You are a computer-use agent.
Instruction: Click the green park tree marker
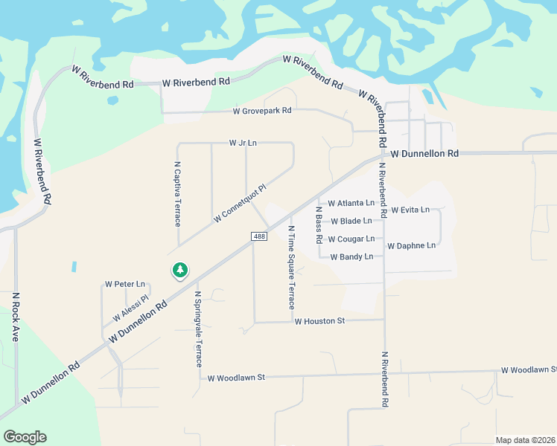pos(179,271)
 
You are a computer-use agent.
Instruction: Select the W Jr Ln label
pos(243,143)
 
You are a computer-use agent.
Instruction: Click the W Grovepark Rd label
pos(262,111)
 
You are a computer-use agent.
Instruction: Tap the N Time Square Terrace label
pos(291,268)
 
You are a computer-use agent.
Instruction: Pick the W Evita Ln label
pos(410,210)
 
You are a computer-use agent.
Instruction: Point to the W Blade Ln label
pos(351,221)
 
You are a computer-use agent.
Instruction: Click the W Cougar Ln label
pos(351,239)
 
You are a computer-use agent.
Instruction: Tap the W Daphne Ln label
pos(411,245)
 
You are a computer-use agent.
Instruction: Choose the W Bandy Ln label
pos(351,256)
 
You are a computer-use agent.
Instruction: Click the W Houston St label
pos(320,322)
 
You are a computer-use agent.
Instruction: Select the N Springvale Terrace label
pos(198,329)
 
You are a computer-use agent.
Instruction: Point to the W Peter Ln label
pos(125,284)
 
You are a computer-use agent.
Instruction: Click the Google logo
pos(25,437)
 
